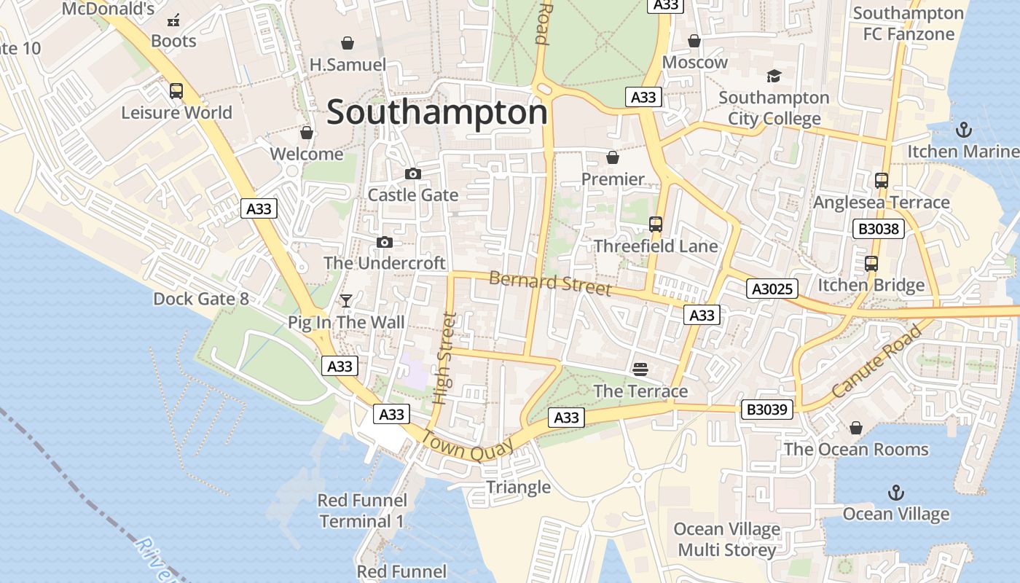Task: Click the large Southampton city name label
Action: [436, 113]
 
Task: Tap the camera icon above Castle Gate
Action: [413, 173]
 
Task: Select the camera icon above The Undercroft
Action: [384, 242]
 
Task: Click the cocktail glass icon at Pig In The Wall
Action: [346, 300]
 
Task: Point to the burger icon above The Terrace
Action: [640, 369]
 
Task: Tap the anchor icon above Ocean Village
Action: [895, 493]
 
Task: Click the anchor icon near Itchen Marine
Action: [964, 130]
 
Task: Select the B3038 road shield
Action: [879, 230]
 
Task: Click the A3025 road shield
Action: [772, 289]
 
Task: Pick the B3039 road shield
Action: [768, 410]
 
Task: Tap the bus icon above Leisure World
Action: [176, 91]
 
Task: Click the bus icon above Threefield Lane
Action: [656, 224]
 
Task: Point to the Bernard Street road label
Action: [550, 283]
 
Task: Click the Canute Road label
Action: [876, 362]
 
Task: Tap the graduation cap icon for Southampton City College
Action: [773, 76]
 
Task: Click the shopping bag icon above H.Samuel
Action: [348, 44]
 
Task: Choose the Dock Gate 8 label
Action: [201, 299]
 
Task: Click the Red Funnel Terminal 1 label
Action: [362, 510]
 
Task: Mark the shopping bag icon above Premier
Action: [613, 157]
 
